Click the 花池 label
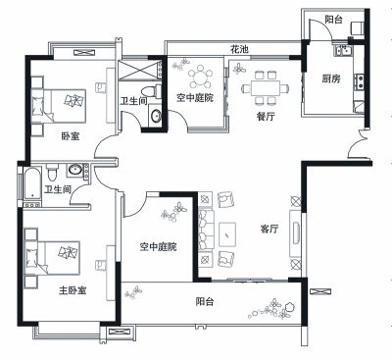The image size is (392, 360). [239, 50]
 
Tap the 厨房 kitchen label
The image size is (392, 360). [331, 78]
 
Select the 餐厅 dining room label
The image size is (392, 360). [266, 116]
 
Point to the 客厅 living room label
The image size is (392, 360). [269, 229]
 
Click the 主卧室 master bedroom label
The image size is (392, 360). [73, 290]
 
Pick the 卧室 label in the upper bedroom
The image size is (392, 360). [71, 135]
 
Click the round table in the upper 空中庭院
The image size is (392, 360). [200, 77]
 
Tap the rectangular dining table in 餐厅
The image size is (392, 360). [266, 88]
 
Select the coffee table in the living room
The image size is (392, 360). [227, 234]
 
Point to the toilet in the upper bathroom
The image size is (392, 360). [152, 91]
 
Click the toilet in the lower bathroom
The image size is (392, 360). [52, 172]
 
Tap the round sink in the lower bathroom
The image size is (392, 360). [75, 170]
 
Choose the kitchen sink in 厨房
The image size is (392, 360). [343, 51]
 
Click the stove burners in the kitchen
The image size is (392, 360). [360, 81]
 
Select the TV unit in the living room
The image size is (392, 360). [296, 232]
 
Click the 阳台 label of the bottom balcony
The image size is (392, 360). [205, 301]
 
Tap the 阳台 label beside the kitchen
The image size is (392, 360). [333, 20]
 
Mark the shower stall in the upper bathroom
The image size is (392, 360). [139, 69]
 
